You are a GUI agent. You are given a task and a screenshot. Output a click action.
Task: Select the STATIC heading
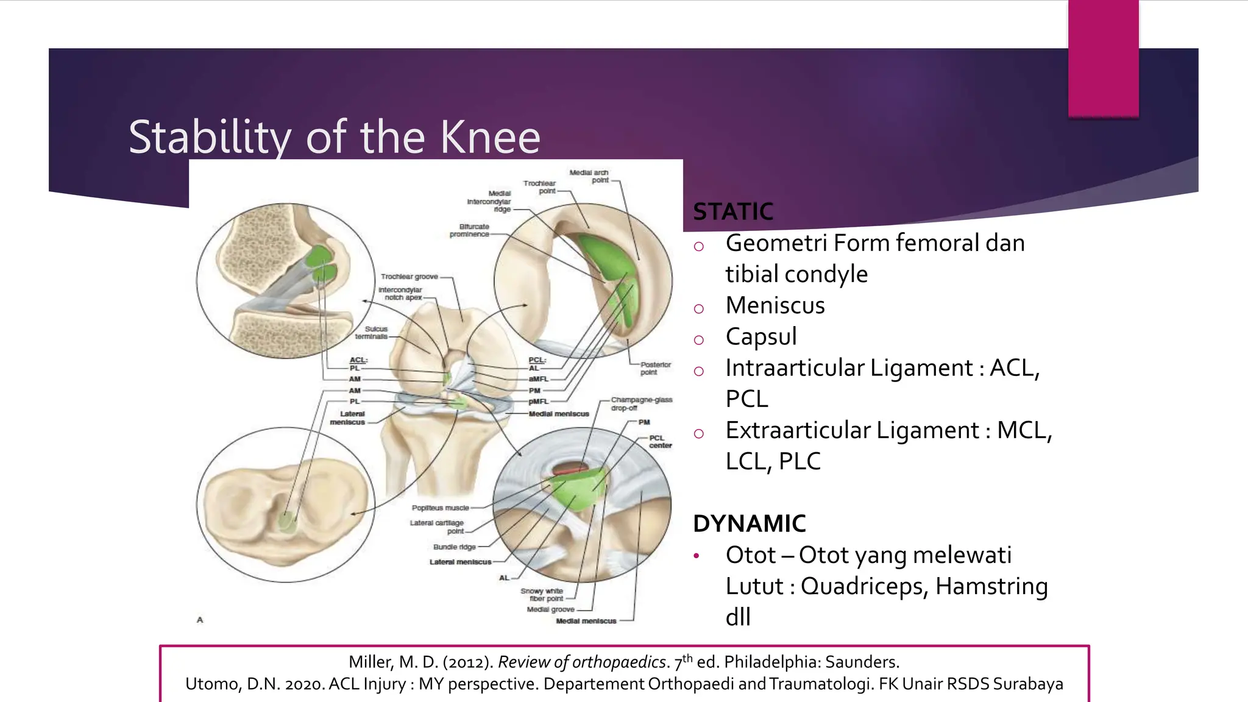pos(733,212)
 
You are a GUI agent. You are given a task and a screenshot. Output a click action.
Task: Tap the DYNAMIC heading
pos(749,523)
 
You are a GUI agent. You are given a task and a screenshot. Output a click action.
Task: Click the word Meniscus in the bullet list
pos(775,305)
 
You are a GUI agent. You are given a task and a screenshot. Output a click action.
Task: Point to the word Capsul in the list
pos(760,337)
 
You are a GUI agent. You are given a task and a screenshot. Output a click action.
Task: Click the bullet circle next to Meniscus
pos(698,309)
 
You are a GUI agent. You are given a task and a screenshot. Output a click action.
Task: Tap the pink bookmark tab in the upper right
pos(1103,58)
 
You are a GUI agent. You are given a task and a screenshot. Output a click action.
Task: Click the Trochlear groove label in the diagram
pos(409,277)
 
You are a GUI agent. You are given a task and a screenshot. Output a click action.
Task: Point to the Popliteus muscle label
pos(440,508)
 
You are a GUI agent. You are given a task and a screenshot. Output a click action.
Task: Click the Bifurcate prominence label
pos(470,230)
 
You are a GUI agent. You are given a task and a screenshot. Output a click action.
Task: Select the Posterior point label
pos(654,368)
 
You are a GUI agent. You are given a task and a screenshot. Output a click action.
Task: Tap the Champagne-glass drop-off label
pos(641,403)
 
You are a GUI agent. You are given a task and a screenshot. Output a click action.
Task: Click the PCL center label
pos(659,441)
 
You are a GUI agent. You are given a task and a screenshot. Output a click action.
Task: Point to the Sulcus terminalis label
pos(372,333)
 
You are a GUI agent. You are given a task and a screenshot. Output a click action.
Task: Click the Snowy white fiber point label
pos(542,595)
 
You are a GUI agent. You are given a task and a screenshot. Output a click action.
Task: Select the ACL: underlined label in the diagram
pos(358,360)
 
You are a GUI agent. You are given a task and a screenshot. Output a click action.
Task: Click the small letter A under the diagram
pos(200,620)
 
